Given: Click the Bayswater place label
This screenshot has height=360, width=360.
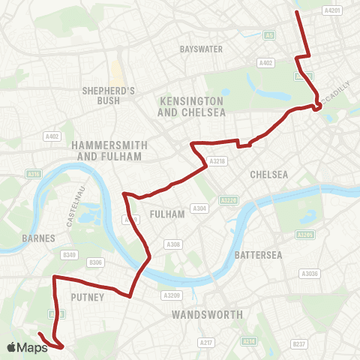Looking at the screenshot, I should (202, 49).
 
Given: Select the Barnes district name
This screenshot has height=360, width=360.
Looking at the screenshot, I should (39, 238).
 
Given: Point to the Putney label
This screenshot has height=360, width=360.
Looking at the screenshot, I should (88, 298).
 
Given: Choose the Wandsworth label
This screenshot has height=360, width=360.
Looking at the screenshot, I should (207, 315).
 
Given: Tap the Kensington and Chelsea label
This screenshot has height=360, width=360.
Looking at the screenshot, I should (191, 106).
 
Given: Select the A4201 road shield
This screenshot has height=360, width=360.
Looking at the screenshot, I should (331, 10).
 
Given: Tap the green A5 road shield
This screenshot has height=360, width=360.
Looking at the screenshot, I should (268, 34).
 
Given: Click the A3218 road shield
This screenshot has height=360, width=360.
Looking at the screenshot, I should (217, 161).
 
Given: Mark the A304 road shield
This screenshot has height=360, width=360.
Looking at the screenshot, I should (199, 208).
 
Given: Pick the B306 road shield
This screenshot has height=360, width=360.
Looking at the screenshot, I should (95, 262).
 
